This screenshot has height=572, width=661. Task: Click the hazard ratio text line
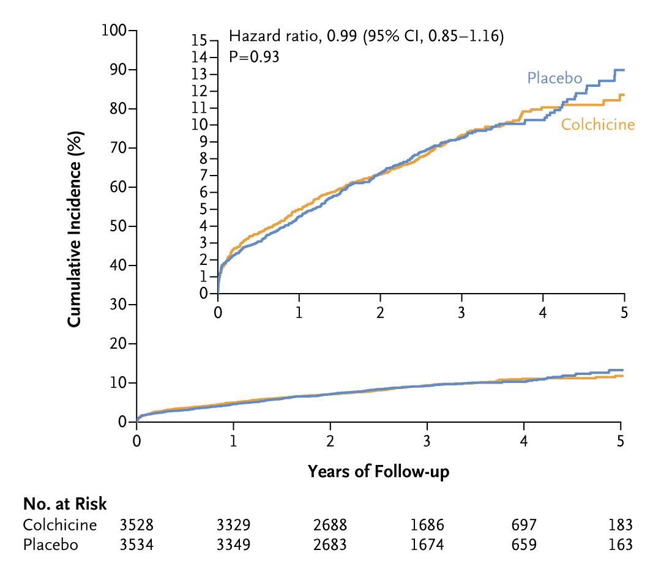(366, 37)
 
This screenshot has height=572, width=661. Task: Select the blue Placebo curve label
(554, 78)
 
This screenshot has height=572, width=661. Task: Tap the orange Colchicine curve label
(597, 125)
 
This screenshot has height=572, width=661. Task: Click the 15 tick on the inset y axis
(200, 40)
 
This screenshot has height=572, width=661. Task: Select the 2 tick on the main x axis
(330, 441)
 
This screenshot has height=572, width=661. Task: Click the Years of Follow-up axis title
(379, 471)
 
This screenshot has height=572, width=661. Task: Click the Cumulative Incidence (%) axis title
(74, 226)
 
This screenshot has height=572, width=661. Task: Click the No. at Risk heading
(65, 504)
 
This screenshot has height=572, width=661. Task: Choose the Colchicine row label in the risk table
(60, 525)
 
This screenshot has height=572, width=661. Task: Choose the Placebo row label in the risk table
(51, 544)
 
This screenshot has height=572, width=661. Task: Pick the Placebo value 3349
(233, 544)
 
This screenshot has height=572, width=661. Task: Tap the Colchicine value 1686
(427, 525)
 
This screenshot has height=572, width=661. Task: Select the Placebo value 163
(621, 544)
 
